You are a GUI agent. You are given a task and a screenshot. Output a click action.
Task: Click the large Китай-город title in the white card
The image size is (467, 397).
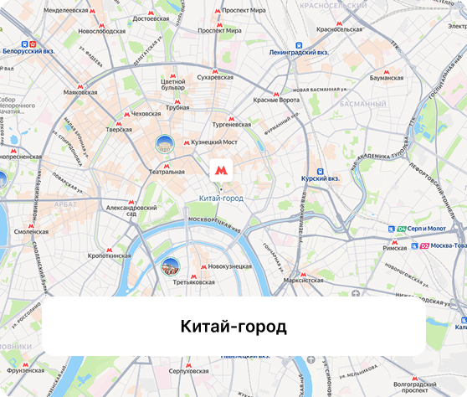[233, 326]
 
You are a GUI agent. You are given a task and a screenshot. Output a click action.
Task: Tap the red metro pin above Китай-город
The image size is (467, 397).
[221, 170]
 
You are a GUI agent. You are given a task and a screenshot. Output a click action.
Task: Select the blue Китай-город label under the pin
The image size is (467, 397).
[221, 198]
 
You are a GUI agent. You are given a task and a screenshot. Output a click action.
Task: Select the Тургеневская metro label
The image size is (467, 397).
[228, 124]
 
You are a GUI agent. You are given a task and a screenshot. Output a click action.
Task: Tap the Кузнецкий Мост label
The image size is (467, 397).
[214, 142]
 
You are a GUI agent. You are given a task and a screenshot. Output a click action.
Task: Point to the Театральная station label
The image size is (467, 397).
[167, 172]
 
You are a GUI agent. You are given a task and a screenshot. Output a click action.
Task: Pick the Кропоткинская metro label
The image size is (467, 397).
[110, 255]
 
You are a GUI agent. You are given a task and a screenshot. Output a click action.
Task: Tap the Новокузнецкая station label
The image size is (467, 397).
[230, 266]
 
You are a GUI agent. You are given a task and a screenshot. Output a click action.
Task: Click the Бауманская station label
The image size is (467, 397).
[386, 78]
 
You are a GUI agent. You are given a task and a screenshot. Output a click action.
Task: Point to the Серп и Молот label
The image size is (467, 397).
[426, 229]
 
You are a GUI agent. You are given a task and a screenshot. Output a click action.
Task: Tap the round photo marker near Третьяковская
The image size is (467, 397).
[170, 267]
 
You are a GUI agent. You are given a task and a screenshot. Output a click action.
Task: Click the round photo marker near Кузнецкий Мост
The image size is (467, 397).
[164, 144]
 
